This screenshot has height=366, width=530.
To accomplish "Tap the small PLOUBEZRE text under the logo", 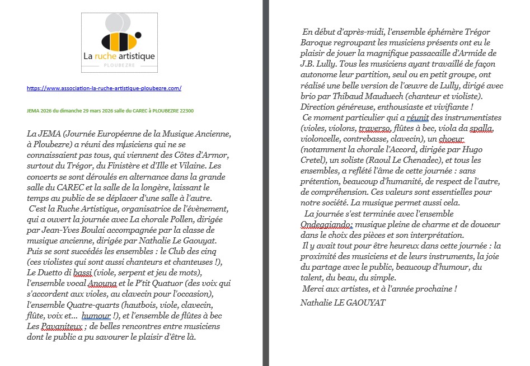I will click(119, 65).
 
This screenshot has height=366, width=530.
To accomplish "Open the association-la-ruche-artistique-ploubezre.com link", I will click(104, 88).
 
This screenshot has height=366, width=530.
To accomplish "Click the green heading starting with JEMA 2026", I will click(110, 111).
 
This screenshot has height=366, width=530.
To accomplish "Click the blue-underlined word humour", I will click(96, 316).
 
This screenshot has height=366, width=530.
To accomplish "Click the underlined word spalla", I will click(481, 128).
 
